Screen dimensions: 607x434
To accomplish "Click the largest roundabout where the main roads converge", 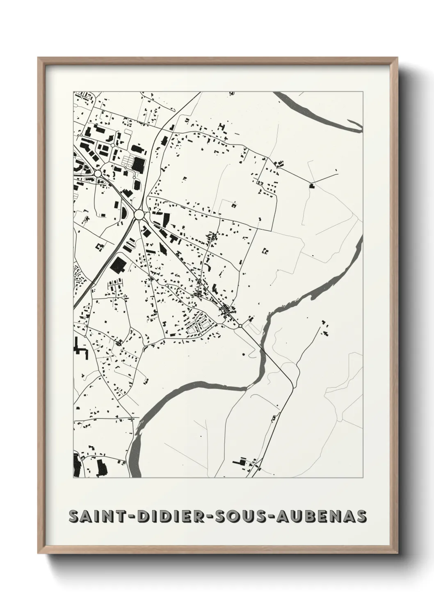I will tap(139, 214).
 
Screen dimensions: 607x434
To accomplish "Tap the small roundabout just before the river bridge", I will tap(240, 326).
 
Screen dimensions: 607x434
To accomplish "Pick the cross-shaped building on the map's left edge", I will tap(80, 349).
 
